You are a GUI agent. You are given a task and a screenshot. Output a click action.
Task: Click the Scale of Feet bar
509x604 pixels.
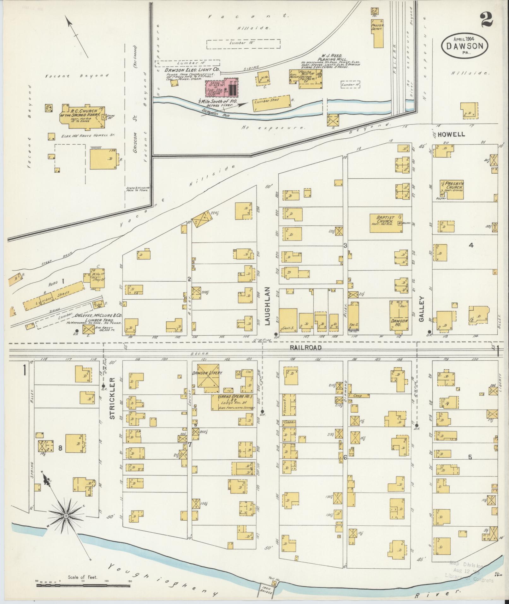tap(83, 585)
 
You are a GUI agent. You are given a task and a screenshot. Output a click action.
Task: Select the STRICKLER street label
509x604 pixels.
tap(113, 398)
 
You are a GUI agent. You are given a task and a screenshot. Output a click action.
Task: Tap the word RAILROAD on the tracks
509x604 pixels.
tap(305, 347)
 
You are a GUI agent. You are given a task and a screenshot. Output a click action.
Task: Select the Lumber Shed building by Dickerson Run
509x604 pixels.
tap(271, 103)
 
